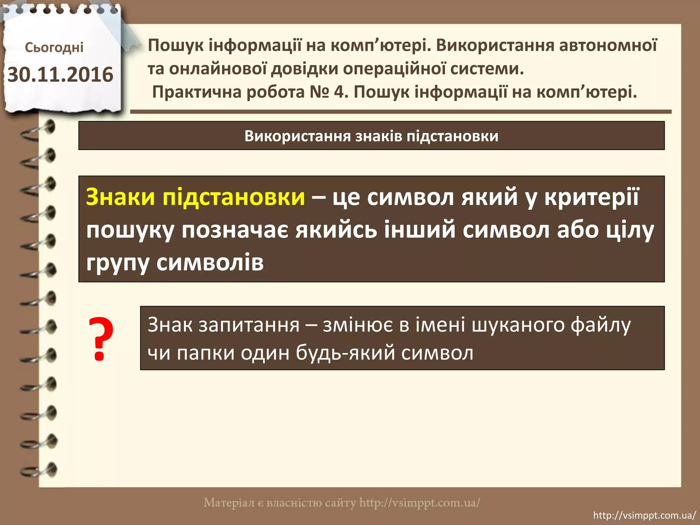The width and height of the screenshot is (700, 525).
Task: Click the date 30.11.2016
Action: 60,75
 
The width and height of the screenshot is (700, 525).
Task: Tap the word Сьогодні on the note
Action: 54,48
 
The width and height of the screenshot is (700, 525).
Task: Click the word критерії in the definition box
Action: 591,197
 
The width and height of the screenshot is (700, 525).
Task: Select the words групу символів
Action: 175,262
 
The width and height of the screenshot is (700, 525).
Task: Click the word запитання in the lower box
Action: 249,325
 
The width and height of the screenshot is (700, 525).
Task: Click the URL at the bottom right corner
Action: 644,515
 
